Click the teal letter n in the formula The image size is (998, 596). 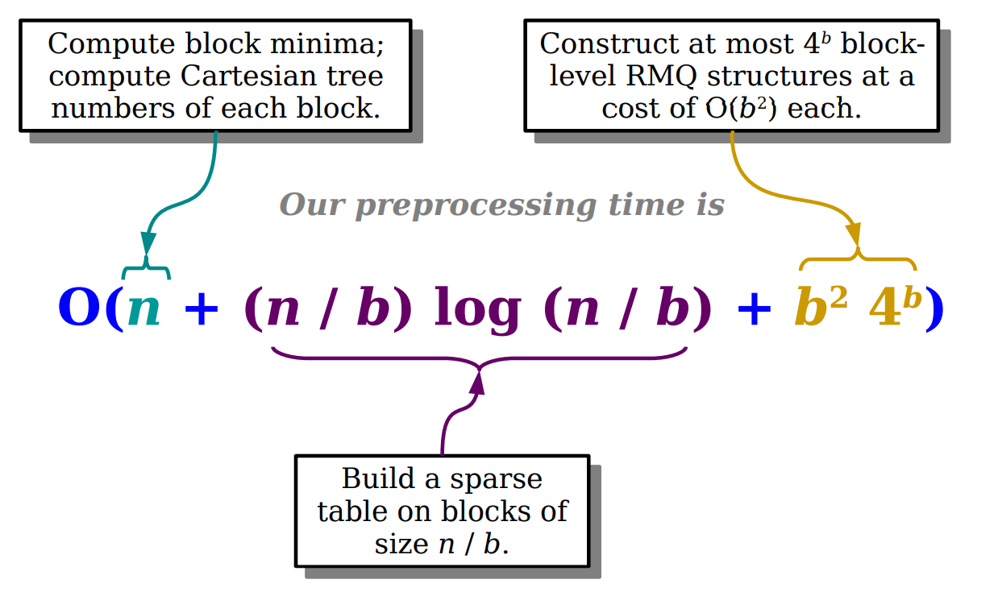tap(145, 310)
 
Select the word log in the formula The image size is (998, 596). tap(478, 310)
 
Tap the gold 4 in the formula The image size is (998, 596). tap(885, 310)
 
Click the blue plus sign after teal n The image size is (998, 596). tap(202, 311)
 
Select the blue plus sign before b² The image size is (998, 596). tap(755, 311)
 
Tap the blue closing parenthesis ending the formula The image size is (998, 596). tap(934, 310)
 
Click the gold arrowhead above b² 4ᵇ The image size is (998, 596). tap(854, 236)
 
